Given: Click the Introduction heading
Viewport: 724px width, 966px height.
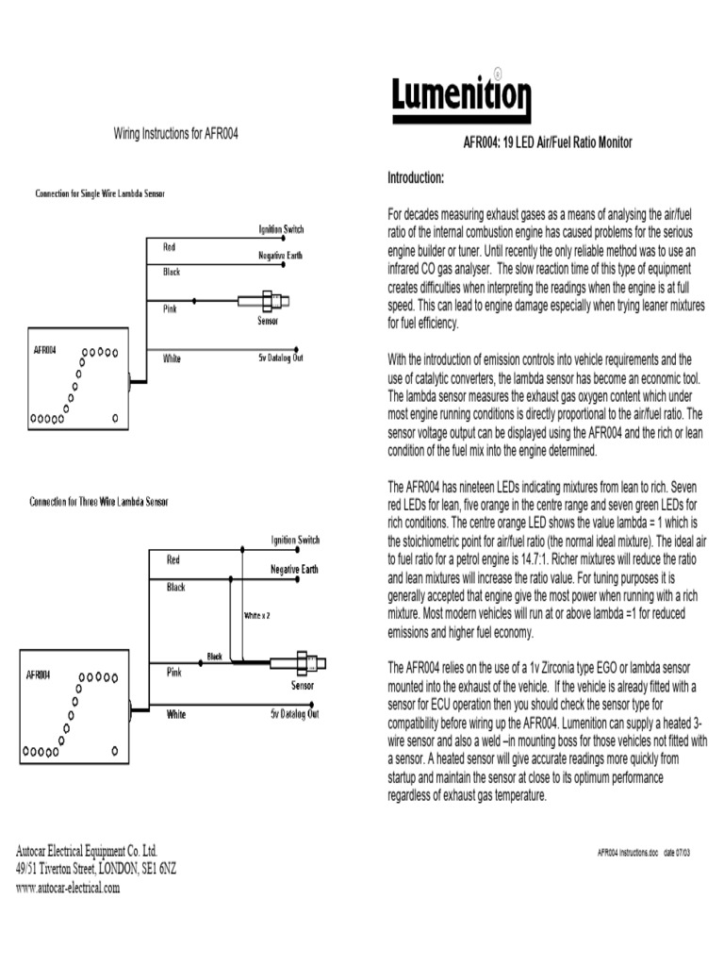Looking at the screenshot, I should click(x=417, y=178).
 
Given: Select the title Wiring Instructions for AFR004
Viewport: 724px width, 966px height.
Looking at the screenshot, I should click(x=176, y=135).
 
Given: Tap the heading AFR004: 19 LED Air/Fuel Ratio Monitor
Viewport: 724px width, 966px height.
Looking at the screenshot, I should click(x=547, y=143).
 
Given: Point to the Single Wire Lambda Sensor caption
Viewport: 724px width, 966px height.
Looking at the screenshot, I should click(x=99, y=193).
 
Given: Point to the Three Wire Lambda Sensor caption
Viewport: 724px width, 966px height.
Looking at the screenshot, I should click(x=99, y=502).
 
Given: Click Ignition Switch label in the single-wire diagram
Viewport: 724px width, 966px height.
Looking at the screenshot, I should click(x=281, y=229).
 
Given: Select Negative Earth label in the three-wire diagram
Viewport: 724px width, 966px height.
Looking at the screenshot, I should click(x=294, y=570).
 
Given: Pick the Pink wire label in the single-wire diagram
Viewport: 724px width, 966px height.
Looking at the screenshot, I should click(x=170, y=308).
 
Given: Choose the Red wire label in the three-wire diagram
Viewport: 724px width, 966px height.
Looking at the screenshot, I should click(x=173, y=560).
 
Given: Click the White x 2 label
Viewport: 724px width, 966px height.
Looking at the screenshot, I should click(x=257, y=615).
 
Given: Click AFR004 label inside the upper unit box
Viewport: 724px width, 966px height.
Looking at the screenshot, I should click(x=44, y=349).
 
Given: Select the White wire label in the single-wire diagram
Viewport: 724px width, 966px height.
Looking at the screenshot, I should click(x=173, y=358).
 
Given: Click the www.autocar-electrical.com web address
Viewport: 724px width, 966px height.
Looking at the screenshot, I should click(x=68, y=889).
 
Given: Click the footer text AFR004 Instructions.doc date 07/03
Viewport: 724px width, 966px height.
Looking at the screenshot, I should click(x=650, y=851).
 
